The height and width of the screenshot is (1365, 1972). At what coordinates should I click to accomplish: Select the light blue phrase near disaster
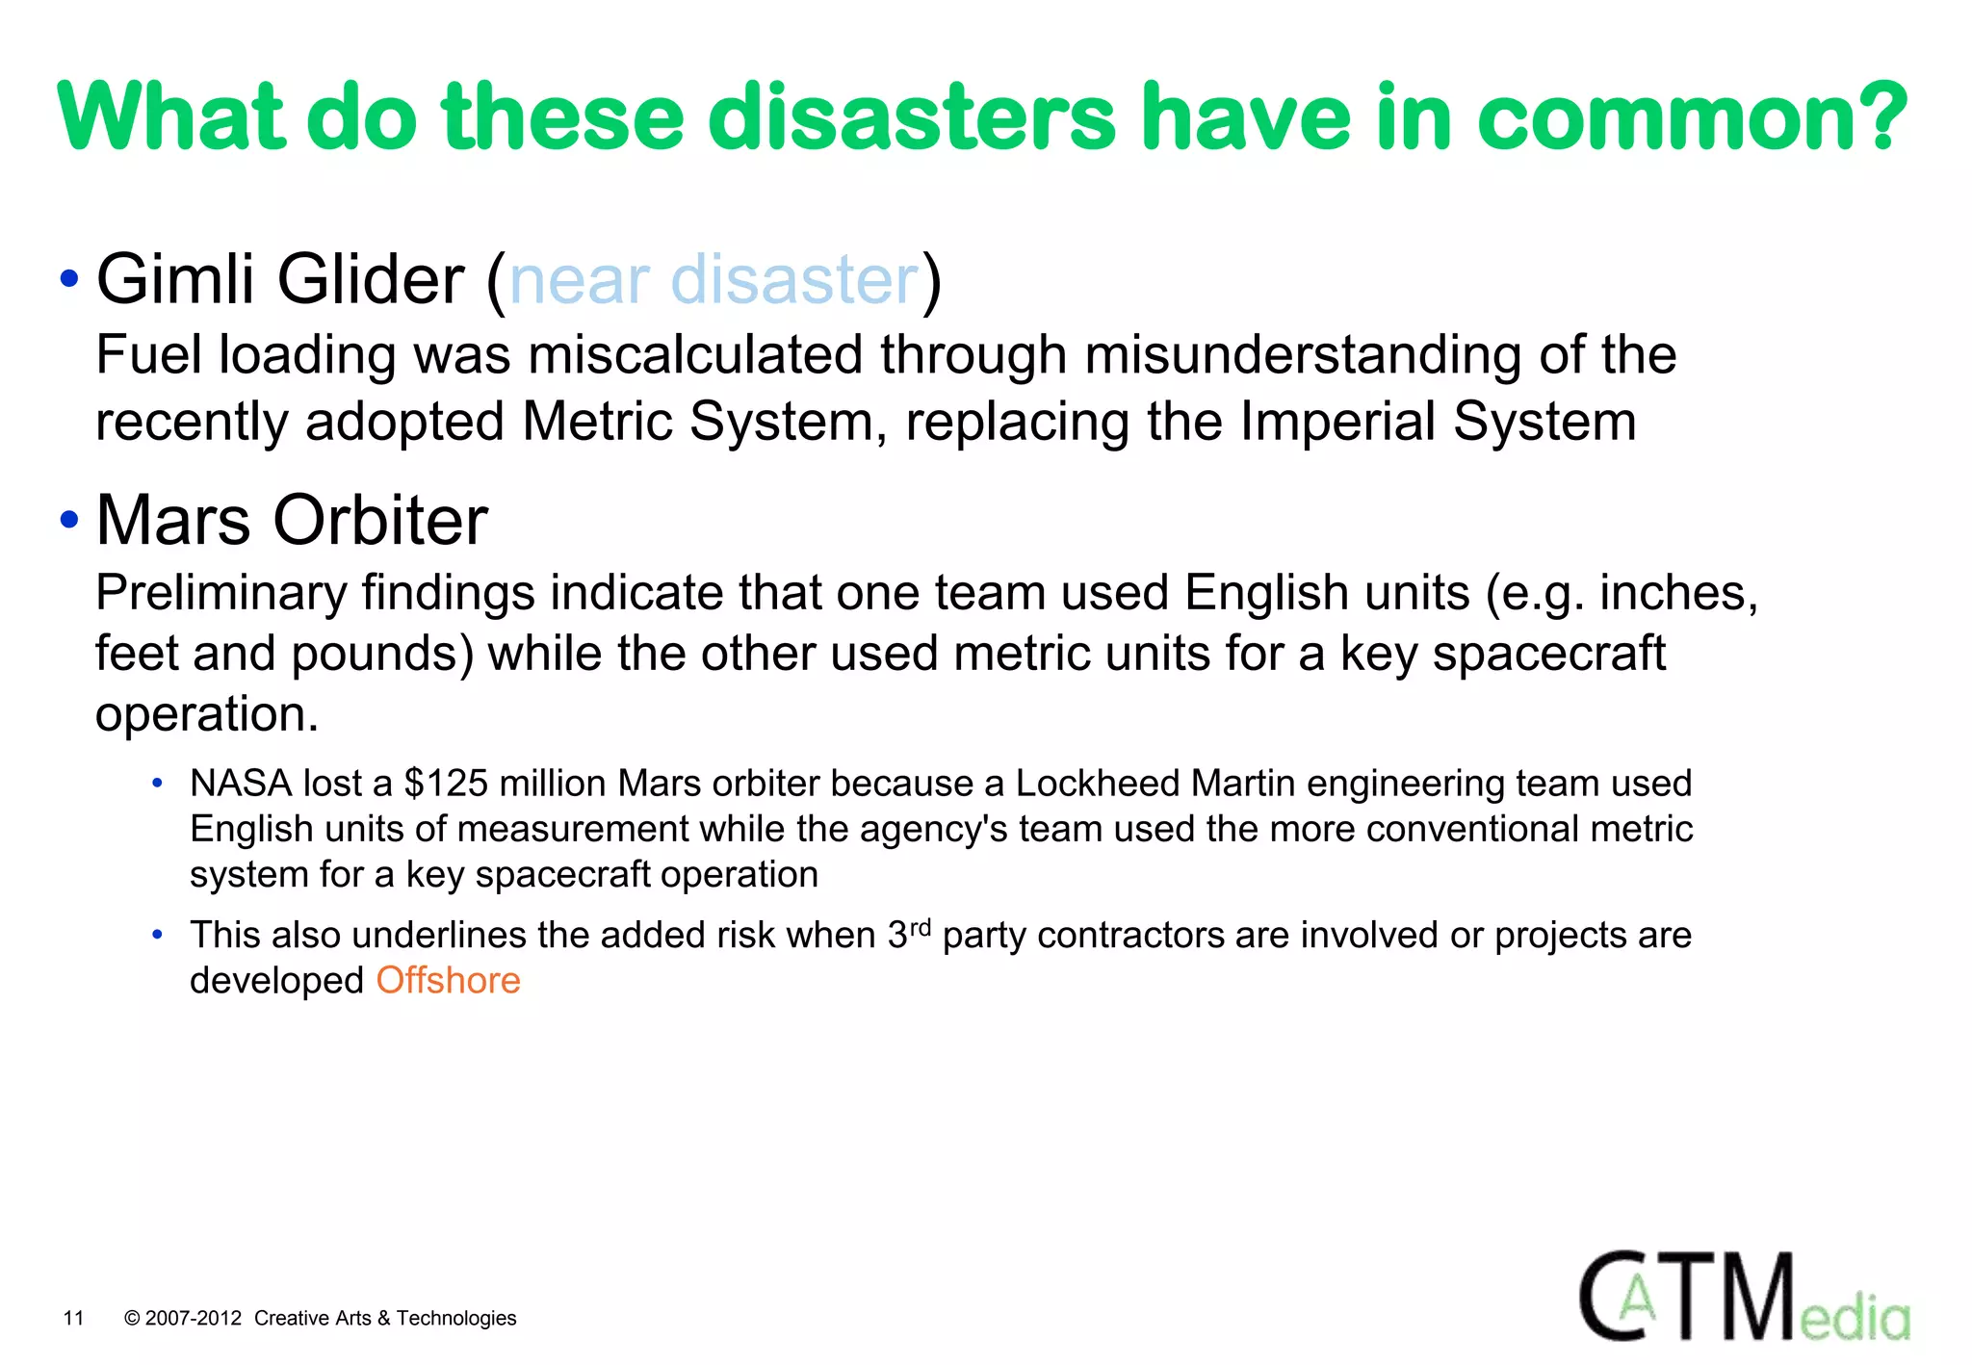click(714, 280)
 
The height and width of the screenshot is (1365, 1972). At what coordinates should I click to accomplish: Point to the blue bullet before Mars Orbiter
click(68, 520)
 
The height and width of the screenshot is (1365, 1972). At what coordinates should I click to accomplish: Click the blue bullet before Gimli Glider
click(68, 280)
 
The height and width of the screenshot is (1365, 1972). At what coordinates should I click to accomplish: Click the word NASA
click(241, 784)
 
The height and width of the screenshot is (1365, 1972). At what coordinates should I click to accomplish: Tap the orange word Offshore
click(448, 980)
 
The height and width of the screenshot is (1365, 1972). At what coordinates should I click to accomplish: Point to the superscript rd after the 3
click(921, 928)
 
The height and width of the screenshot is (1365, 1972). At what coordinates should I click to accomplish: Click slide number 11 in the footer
click(73, 1318)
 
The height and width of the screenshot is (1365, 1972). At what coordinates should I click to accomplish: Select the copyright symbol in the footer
click(133, 1318)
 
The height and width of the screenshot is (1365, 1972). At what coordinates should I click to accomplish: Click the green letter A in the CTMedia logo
click(1636, 1301)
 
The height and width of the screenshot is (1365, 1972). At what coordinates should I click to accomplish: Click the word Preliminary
click(221, 593)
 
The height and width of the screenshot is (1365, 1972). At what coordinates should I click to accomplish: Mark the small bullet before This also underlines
click(157, 935)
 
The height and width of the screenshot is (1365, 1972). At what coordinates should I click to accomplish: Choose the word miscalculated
click(694, 355)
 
